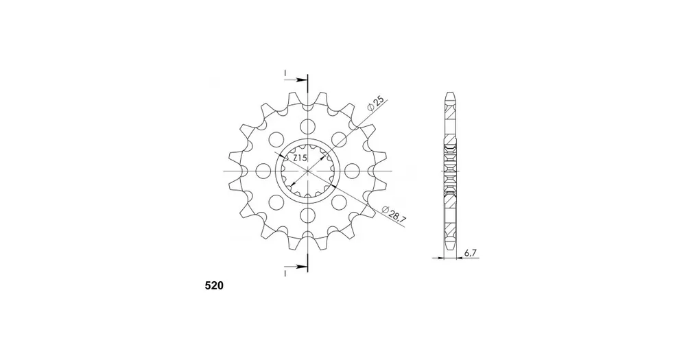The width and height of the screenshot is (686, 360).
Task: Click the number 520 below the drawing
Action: (214, 286)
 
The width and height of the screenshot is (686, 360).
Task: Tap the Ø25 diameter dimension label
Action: (376, 104)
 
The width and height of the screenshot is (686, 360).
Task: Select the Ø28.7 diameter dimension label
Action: (394, 215)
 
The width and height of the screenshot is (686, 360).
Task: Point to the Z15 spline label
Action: (300, 158)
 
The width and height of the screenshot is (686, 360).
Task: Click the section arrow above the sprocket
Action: (296, 80)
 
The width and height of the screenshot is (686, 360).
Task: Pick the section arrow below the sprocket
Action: (296, 266)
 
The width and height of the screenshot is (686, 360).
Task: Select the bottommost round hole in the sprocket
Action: (308, 215)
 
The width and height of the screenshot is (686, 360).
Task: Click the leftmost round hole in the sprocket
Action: (263, 171)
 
